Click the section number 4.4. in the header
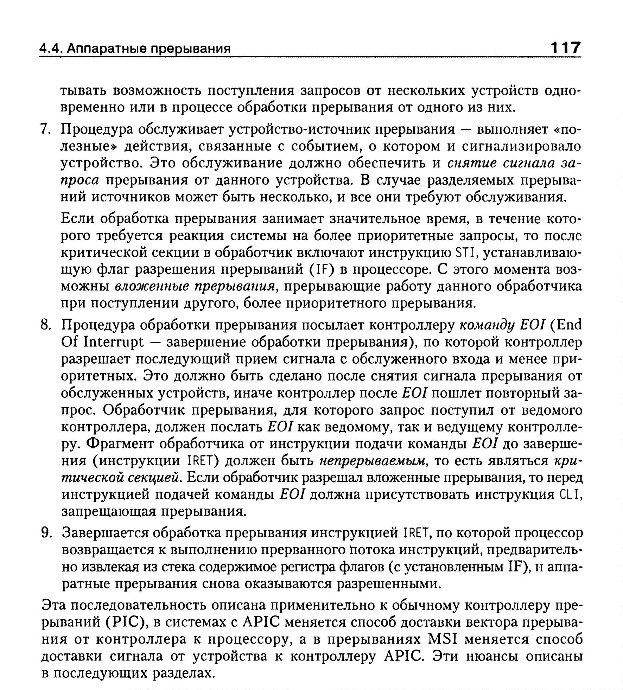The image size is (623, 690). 51,49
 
